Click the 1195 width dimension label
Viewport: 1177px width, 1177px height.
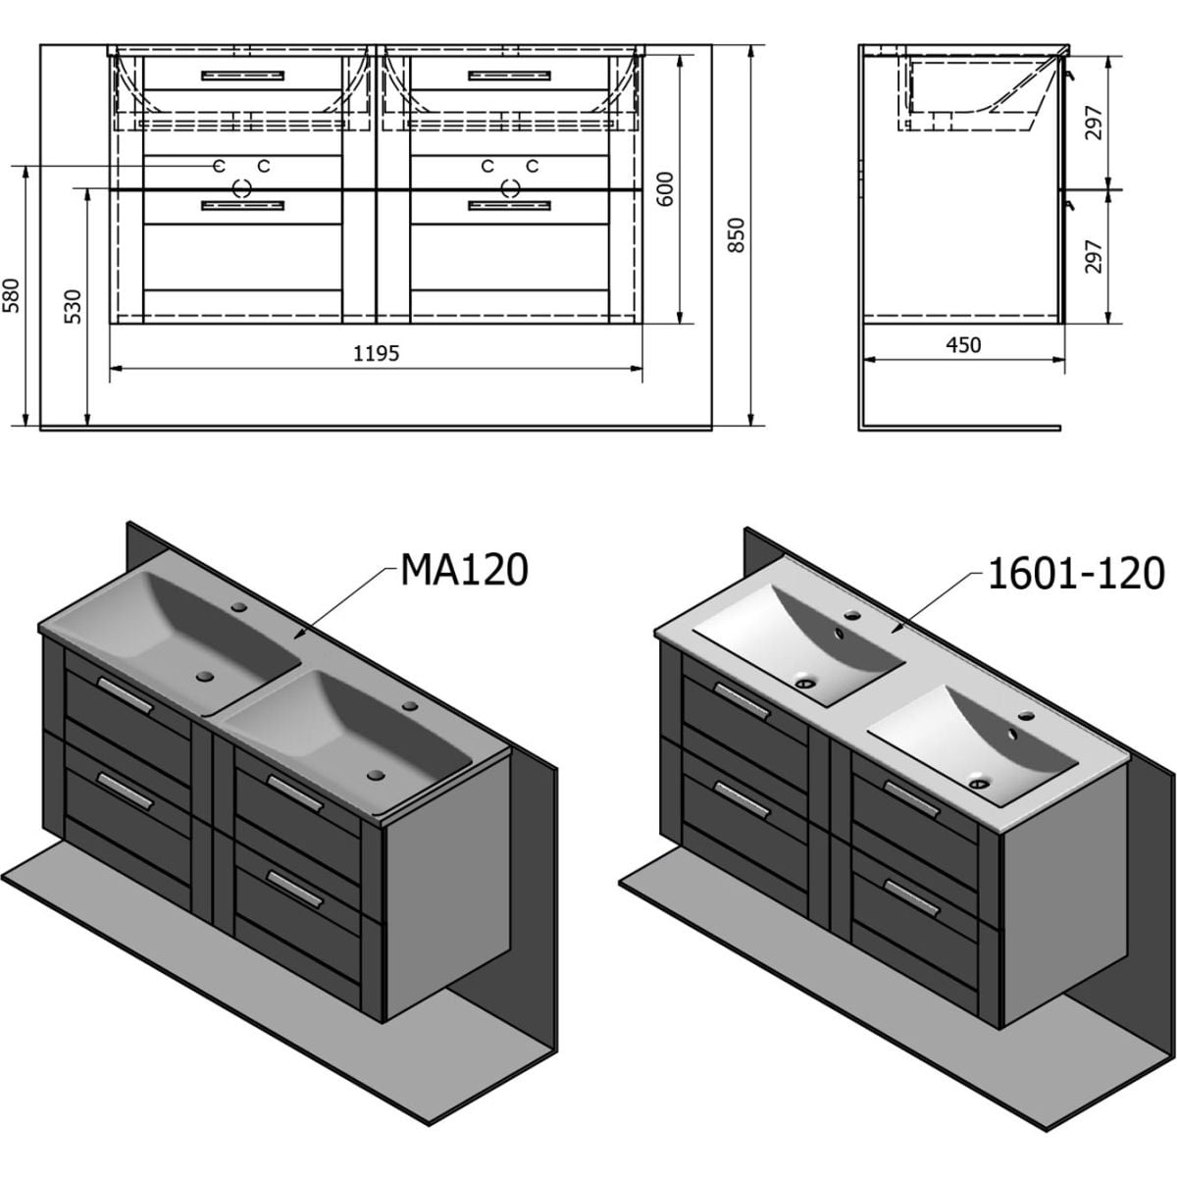377,353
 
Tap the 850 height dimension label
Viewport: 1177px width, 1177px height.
738,235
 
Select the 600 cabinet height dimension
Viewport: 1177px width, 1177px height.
666,189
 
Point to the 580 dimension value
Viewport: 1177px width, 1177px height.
11,295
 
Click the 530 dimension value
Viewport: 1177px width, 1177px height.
73,307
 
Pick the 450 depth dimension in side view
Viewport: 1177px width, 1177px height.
963,345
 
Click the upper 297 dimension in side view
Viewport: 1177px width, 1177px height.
1094,123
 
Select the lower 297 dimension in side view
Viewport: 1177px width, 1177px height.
1094,256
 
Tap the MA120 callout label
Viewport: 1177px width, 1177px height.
464,570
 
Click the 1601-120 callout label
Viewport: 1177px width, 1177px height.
1076,574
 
